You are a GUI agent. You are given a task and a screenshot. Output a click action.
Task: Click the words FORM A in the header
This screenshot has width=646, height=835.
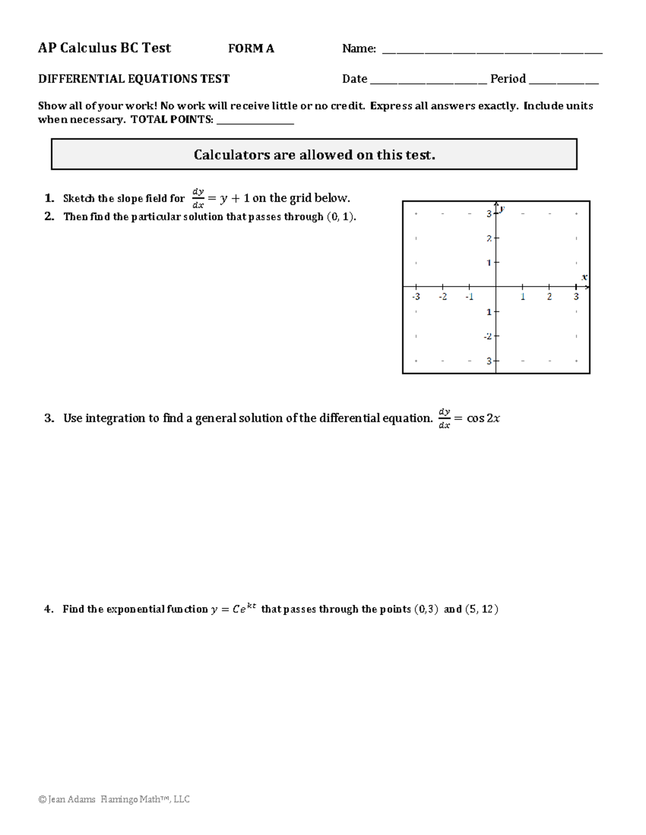pyautogui.click(x=251, y=48)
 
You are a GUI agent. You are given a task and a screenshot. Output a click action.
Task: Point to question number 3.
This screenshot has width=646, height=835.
pyautogui.click(x=49, y=418)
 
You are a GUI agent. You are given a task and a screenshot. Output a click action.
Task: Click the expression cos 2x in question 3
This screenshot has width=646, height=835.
pyautogui.click(x=483, y=418)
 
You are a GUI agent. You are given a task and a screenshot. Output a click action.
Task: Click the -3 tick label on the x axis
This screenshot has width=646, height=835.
pyautogui.click(x=416, y=297)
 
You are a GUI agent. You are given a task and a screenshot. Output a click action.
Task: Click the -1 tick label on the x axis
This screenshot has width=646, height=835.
pyautogui.click(x=469, y=297)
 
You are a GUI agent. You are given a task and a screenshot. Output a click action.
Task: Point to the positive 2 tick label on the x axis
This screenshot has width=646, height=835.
pyautogui.click(x=549, y=297)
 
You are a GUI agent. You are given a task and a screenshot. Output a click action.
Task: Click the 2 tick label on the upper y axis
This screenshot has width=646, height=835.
pyautogui.click(x=489, y=238)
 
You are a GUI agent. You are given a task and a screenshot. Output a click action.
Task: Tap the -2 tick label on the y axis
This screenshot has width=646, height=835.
pyautogui.click(x=488, y=336)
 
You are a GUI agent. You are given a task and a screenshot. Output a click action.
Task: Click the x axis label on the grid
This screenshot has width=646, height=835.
pyautogui.click(x=584, y=277)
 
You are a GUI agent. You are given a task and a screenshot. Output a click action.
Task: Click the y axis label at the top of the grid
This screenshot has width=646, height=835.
pyautogui.click(x=502, y=208)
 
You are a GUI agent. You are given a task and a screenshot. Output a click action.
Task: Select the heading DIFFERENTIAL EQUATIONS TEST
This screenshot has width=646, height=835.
pyautogui.click(x=134, y=79)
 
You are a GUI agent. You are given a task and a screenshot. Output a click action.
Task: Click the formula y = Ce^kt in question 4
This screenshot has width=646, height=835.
pyautogui.click(x=233, y=609)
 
